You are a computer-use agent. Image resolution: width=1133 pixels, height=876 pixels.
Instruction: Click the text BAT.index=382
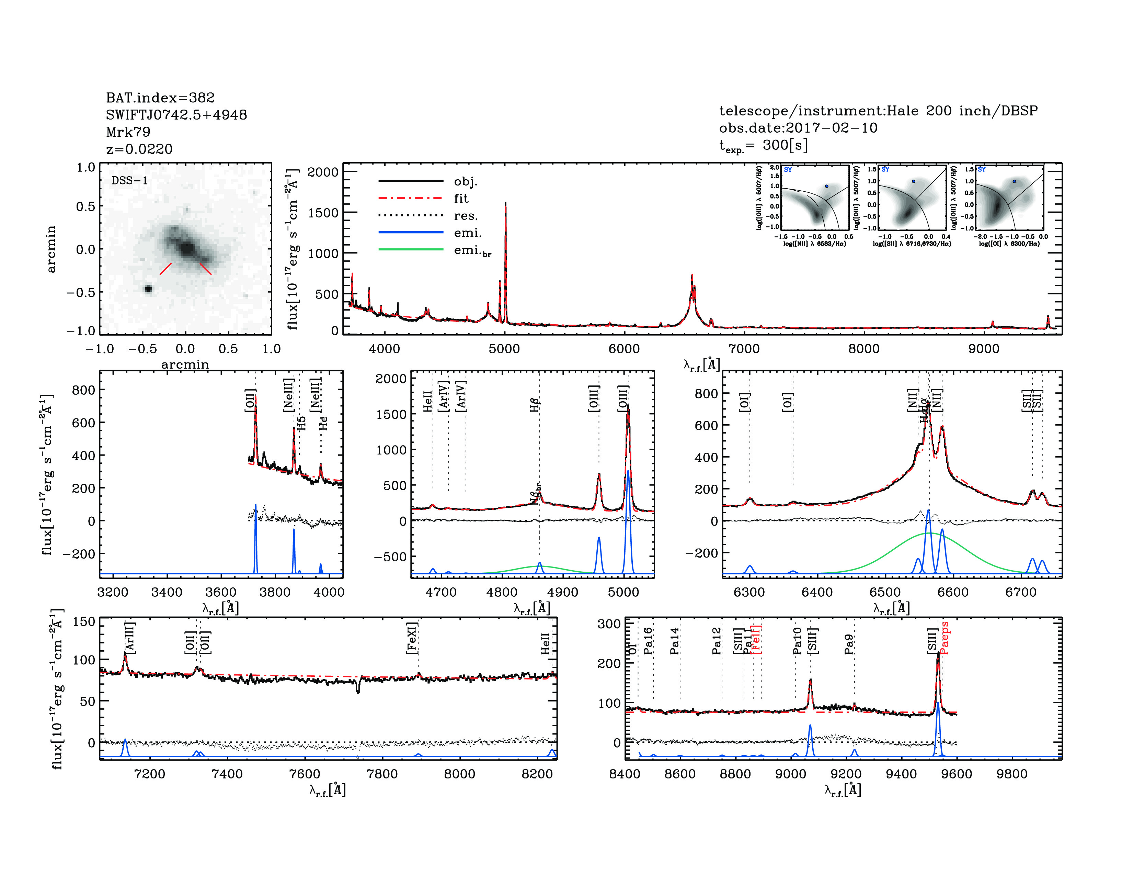160,98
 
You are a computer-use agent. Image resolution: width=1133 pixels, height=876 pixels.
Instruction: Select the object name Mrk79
128,132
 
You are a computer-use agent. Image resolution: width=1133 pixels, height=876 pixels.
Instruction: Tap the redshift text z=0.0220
139,149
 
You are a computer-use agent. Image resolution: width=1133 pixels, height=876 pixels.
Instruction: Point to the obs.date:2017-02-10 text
798,128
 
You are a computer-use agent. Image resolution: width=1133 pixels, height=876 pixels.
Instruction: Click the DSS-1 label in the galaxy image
130,181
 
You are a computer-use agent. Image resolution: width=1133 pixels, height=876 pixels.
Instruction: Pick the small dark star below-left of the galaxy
148,289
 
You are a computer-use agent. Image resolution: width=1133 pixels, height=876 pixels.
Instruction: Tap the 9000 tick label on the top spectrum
984,349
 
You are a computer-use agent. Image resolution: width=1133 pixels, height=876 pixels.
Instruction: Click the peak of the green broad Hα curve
928,533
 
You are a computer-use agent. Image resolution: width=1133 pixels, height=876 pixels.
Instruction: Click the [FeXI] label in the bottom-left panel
412,638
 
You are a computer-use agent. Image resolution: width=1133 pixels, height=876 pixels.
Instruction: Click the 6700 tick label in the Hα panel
1020,592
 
